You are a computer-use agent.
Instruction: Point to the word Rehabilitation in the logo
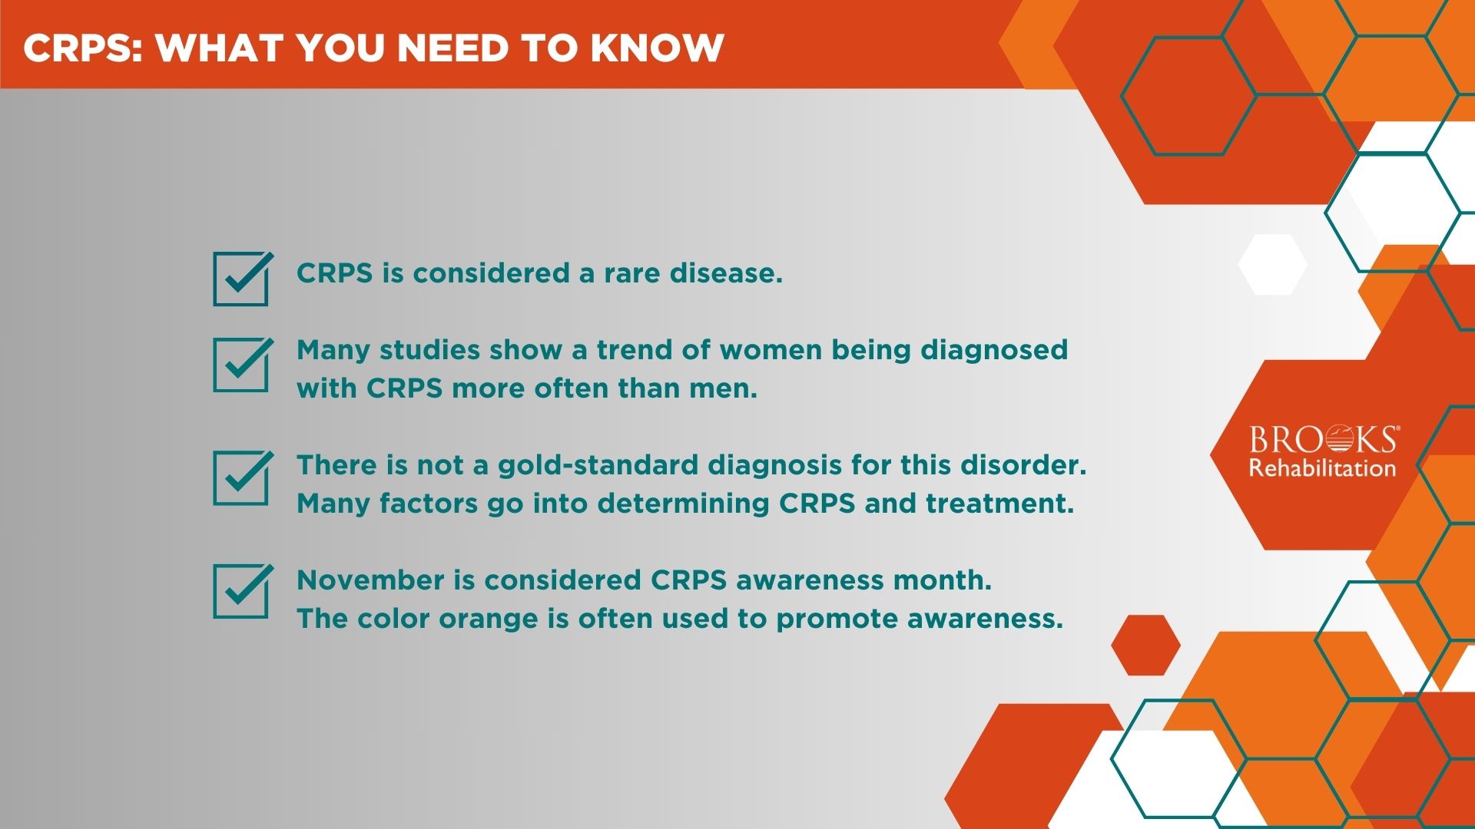coord(1322,468)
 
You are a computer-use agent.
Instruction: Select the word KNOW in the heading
coord(657,48)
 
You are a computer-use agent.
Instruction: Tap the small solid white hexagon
coord(1273,265)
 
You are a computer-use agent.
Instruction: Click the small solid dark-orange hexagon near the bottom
coord(1145,645)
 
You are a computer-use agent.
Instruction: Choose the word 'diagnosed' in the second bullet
coord(994,351)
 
